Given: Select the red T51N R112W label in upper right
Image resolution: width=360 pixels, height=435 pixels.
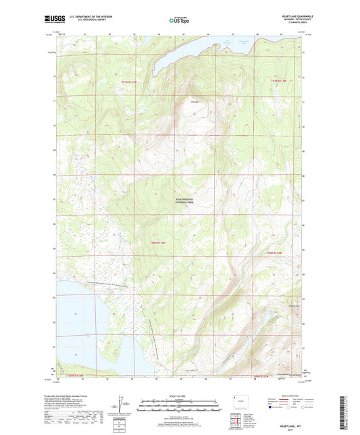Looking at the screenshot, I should (x=279, y=82).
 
